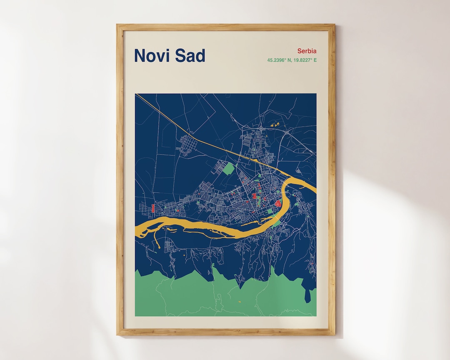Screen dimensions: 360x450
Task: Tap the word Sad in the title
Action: (190, 55)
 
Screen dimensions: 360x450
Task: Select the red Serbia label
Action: (307, 51)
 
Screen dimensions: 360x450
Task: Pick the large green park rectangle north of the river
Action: (228, 169)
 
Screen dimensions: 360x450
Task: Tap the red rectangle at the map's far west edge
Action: (153, 208)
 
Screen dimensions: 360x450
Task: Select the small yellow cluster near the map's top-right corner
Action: (274, 124)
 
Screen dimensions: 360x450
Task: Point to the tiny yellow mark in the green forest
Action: (240, 301)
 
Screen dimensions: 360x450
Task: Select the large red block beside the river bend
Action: (278, 203)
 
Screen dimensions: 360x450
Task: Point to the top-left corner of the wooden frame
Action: (118, 25)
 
